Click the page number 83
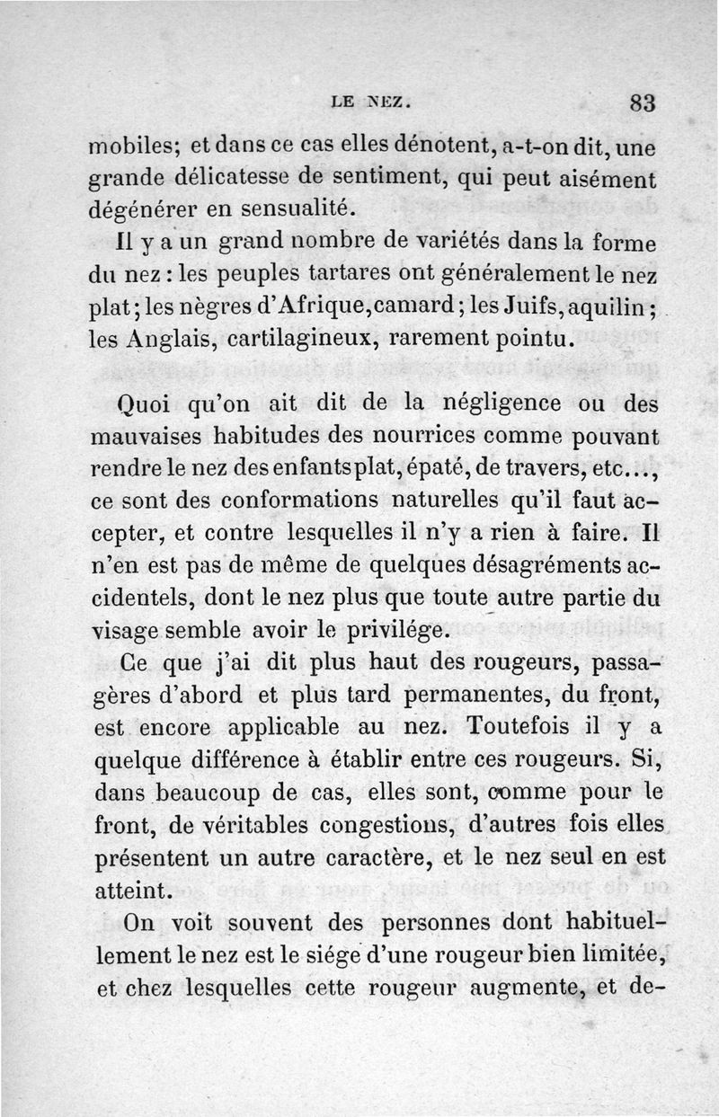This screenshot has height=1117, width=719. pyautogui.click(x=642, y=102)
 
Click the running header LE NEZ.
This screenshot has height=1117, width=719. pyautogui.click(x=371, y=102)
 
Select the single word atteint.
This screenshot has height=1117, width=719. pyautogui.click(x=131, y=890)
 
